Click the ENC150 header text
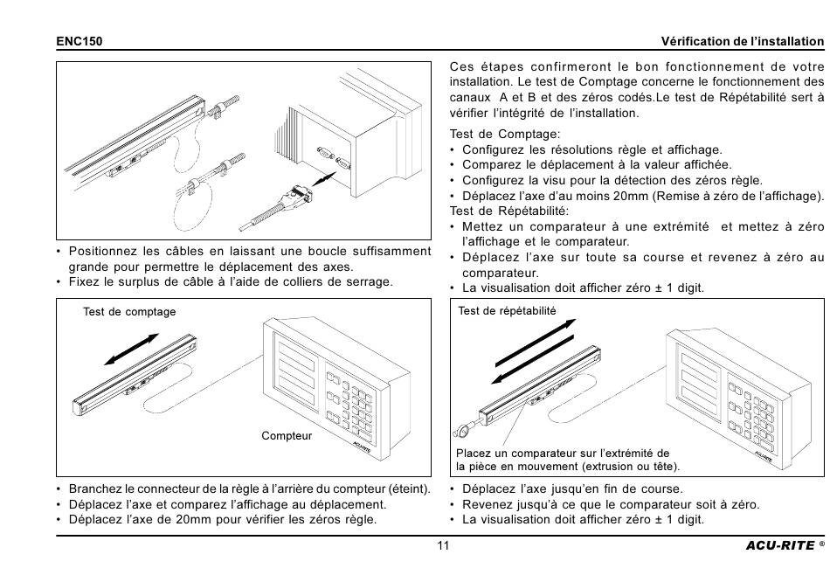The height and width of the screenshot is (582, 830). coord(80,41)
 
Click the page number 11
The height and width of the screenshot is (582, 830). coord(443,545)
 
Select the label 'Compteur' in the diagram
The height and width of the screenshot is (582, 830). coord(287,436)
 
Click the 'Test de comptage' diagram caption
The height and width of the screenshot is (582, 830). coord(129,312)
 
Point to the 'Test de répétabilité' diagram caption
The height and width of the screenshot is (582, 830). coord(507,311)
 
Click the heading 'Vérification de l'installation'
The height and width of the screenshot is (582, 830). coord(742,41)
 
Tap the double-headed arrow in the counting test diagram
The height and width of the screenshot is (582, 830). coord(132,349)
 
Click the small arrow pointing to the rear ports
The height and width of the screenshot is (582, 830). coord(324,179)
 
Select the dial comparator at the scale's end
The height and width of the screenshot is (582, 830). coord(462,430)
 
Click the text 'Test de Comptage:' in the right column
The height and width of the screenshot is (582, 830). coord(504,134)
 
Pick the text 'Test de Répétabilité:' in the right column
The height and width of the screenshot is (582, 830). coord(508,211)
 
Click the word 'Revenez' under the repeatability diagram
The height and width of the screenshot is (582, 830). coord(485,504)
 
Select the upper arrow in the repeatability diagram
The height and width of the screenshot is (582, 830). coord(536,343)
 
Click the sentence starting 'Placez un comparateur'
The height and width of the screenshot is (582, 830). coord(567,460)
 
